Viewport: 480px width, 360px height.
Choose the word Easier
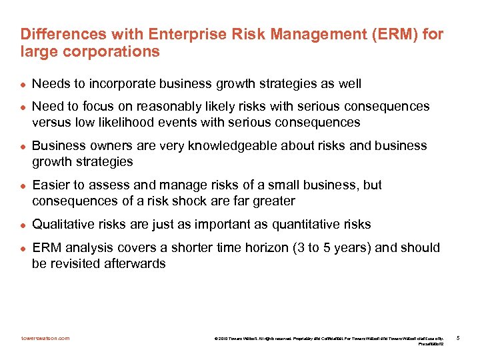[x=51, y=185]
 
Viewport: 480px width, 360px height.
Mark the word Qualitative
[x=62, y=224]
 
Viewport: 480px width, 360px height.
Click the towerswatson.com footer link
[x=45, y=338]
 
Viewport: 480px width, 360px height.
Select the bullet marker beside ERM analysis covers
[x=23, y=248]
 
